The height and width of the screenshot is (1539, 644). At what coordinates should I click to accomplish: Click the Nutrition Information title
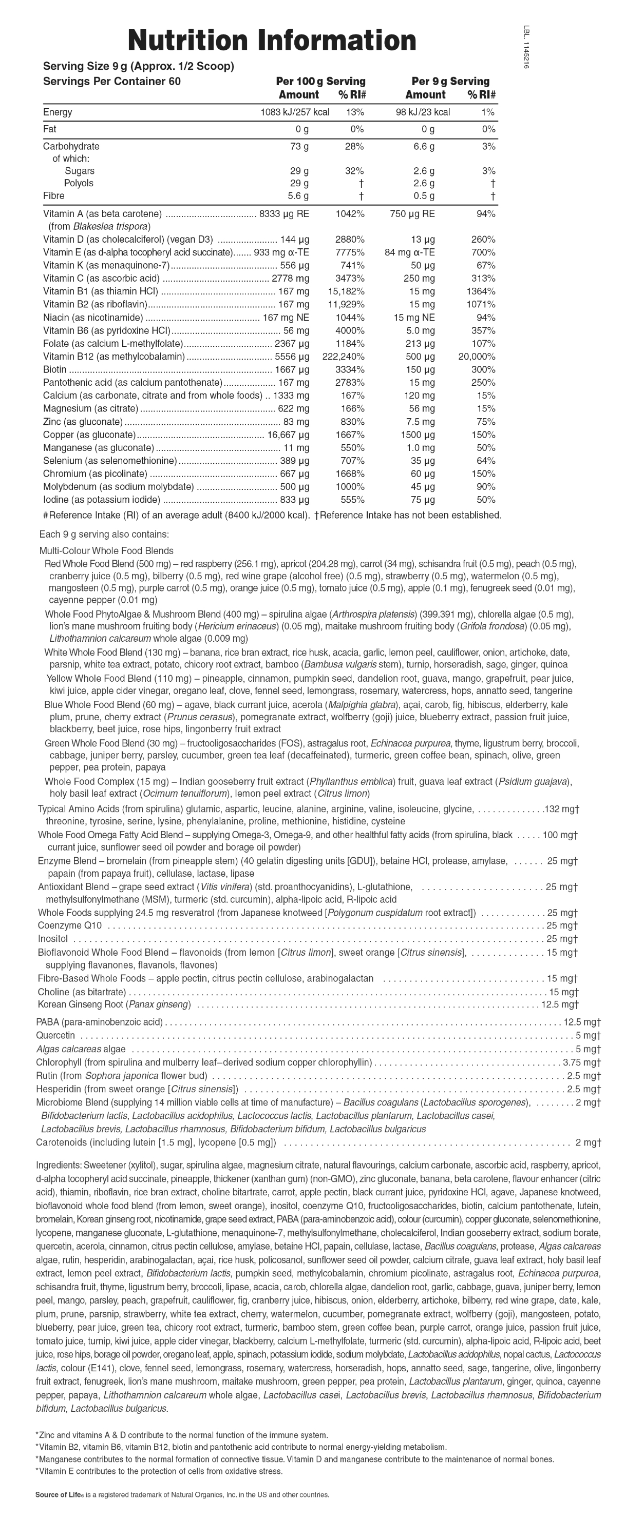tap(272, 41)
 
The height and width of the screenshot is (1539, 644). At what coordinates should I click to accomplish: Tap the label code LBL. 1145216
tap(526, 47)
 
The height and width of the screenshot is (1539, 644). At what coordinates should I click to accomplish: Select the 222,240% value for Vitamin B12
tap(343, 357)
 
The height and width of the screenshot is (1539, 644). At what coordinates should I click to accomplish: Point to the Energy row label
tap(58, 112)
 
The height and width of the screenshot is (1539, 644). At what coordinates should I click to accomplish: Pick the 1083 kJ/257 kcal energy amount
tap(295, 112)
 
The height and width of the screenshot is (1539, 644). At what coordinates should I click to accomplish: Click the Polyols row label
tap(79, 184)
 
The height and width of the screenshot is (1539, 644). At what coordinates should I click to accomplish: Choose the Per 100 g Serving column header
tap(320, 81)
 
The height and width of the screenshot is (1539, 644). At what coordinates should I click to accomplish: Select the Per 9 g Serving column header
tap(450, 81)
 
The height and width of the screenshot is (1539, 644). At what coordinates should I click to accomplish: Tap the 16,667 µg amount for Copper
tap(288, 435)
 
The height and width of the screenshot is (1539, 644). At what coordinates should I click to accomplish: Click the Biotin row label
tap(55, 370)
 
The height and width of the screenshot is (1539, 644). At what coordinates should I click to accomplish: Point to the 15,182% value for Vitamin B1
tap(346, 291)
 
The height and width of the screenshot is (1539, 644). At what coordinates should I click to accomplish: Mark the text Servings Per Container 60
tap(112, 81)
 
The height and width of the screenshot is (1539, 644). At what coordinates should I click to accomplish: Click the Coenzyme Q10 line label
tap(69, 925)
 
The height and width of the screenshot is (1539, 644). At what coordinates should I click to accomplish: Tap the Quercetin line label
tap(55, 1035)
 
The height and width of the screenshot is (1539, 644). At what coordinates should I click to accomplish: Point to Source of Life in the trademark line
tap(60, 1495)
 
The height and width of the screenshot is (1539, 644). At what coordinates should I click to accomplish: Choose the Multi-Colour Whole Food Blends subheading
tap(106, 551)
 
